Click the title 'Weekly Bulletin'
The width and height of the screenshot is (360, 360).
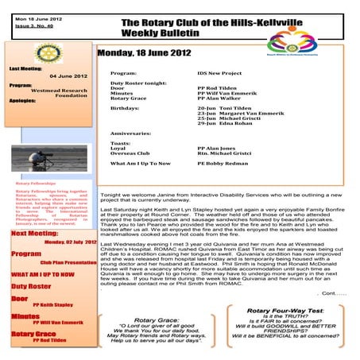(158, 34)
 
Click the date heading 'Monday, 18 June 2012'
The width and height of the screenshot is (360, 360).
(144, 52)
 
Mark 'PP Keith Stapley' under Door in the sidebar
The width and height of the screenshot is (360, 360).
(52, 304)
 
